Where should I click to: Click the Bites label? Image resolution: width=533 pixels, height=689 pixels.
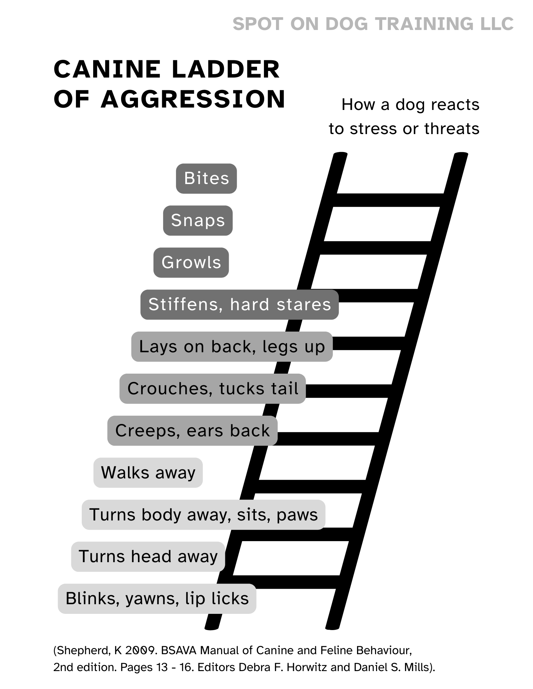click(x=206, y=179)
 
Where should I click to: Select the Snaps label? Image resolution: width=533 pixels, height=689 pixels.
click(x=198, y=221)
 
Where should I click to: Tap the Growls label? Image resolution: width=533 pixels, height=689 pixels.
click(x=191, y=263)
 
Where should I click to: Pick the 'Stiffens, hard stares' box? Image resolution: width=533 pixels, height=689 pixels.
click(x=239, y=305)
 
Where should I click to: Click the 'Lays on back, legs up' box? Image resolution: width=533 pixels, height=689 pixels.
click(x=232, y=347)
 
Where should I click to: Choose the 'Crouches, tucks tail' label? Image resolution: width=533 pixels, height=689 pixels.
click(x=213, y=389)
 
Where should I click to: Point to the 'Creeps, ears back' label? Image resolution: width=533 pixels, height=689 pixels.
click(x=192, y=431)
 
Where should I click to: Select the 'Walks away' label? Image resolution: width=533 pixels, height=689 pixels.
click(x=148, y=473)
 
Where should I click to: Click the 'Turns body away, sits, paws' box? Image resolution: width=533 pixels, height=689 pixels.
click(x=203, y=515)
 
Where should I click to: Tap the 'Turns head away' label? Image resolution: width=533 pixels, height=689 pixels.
click(x=148, y=557)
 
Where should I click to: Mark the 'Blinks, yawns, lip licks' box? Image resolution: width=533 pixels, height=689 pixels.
click(x=157, y=599)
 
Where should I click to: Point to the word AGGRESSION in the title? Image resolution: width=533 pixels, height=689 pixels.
click(x=193, y=99)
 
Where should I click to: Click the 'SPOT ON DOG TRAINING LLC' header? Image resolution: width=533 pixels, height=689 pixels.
click(x=373, y=24)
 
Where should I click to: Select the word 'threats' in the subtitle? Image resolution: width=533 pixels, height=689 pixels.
click(x=452, y=129)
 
